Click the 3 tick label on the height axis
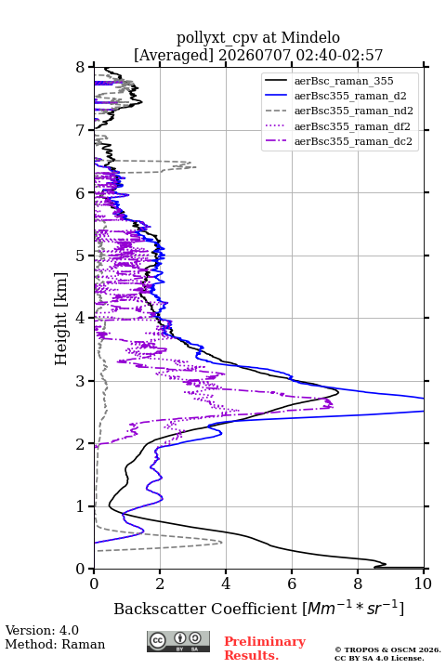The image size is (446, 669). tap(81, 381)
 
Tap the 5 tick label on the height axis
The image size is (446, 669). tap(81, 256)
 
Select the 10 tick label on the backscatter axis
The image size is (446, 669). tap(423, 584)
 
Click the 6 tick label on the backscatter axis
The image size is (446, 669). tap(292, 584)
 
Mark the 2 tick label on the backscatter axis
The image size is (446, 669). tap(160, 584)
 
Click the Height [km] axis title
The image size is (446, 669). tap(61, 319)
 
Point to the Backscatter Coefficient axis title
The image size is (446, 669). tap(258, 608)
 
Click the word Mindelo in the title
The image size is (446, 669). tap(310, 37)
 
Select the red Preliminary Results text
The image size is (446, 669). tap(265, 649)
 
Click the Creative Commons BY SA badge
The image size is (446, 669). tap(178, 642)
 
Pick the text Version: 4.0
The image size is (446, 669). tap(42, 630)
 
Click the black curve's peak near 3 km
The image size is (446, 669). tap(338, 392)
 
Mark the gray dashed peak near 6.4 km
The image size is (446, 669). tap(195, 167)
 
